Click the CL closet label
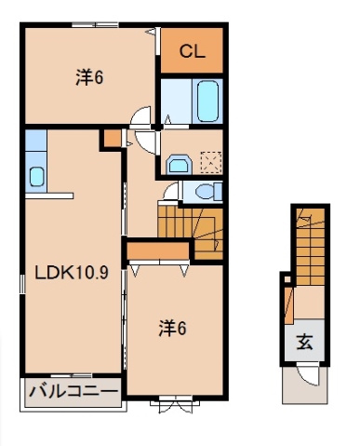[x=192, y=52]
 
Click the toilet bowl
[x=209, y=192]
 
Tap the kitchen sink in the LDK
[x=36, y=175]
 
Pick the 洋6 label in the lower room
[x=171, y=328]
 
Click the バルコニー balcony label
[x=72, y=391]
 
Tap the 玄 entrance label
[x=304, y=341]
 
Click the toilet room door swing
[x=170, y=192]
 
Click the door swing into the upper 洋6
[x=142, y=118]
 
